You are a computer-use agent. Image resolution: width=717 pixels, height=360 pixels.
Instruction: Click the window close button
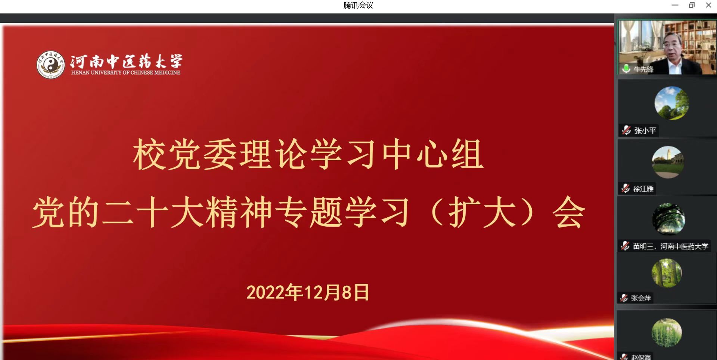point(708,5)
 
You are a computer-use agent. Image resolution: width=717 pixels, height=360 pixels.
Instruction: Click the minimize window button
point(675,5)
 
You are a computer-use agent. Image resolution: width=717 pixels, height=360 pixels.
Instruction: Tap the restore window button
point(692,5)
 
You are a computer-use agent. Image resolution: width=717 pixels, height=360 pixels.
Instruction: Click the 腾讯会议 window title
point(358,5)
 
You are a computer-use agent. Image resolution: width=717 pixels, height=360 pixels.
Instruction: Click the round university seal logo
point(51,65)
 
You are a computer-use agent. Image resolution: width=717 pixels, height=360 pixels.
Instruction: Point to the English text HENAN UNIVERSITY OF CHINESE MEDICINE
point(126,72)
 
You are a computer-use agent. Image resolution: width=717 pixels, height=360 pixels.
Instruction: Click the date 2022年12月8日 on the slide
point(308,292)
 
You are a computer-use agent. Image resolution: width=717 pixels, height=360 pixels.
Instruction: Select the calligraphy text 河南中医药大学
point(126,61)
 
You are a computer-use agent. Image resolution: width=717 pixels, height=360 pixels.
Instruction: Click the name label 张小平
point(645,131)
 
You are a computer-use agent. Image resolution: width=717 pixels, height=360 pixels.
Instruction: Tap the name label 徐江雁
point(643,189)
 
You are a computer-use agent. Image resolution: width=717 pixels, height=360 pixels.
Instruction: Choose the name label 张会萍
point(641,298)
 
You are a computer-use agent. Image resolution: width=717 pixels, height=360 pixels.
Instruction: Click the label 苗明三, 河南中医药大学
point(670,246)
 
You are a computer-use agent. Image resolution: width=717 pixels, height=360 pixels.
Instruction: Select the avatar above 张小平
point(671,103)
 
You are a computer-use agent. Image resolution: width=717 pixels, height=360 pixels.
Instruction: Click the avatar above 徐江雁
point(668,162)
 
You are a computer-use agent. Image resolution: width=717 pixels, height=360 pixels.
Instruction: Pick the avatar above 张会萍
point(667,273)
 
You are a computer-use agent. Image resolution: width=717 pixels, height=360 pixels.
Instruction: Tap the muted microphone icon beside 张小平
point(626,130)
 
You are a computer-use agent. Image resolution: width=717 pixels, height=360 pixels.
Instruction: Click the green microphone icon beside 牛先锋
point(626,69)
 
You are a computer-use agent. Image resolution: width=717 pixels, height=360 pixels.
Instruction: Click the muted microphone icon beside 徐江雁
point(626,188)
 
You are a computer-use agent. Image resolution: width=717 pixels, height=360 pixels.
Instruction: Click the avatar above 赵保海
point(667,333)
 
